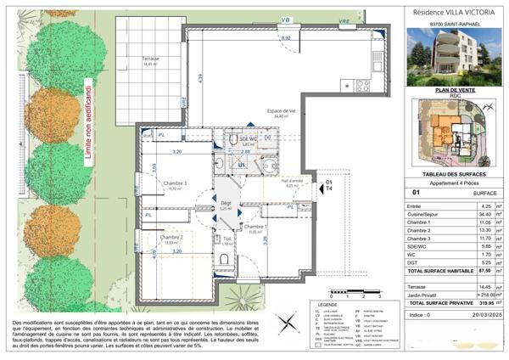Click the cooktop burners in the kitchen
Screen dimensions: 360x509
(x=362, y=85)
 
